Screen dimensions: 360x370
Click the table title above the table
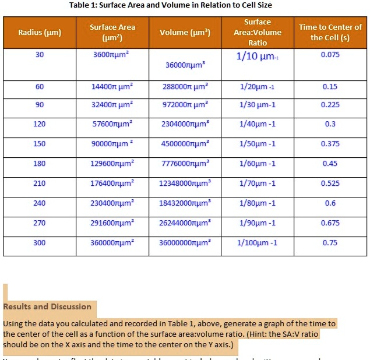pos(170,5)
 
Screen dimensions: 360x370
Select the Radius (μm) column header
pos(39,32)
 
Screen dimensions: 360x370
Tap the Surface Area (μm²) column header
pos(112,33)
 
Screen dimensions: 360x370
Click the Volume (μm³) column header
pos(185,32)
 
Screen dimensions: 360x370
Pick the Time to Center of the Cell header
pos(330,32)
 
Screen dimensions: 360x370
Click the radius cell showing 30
pos(39,55)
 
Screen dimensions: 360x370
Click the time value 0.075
pos(330,55)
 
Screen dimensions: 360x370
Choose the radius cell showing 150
pos(39,144)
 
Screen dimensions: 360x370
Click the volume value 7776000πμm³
pos(185,164)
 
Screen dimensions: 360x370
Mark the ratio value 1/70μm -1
pos(257,184)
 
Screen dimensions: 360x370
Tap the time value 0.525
pos(330,184)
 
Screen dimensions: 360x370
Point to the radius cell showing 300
pos(39,243)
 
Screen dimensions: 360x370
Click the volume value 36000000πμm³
pos(185,243)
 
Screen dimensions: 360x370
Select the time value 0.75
pos(330,243)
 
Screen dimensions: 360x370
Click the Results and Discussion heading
pos(48,307)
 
